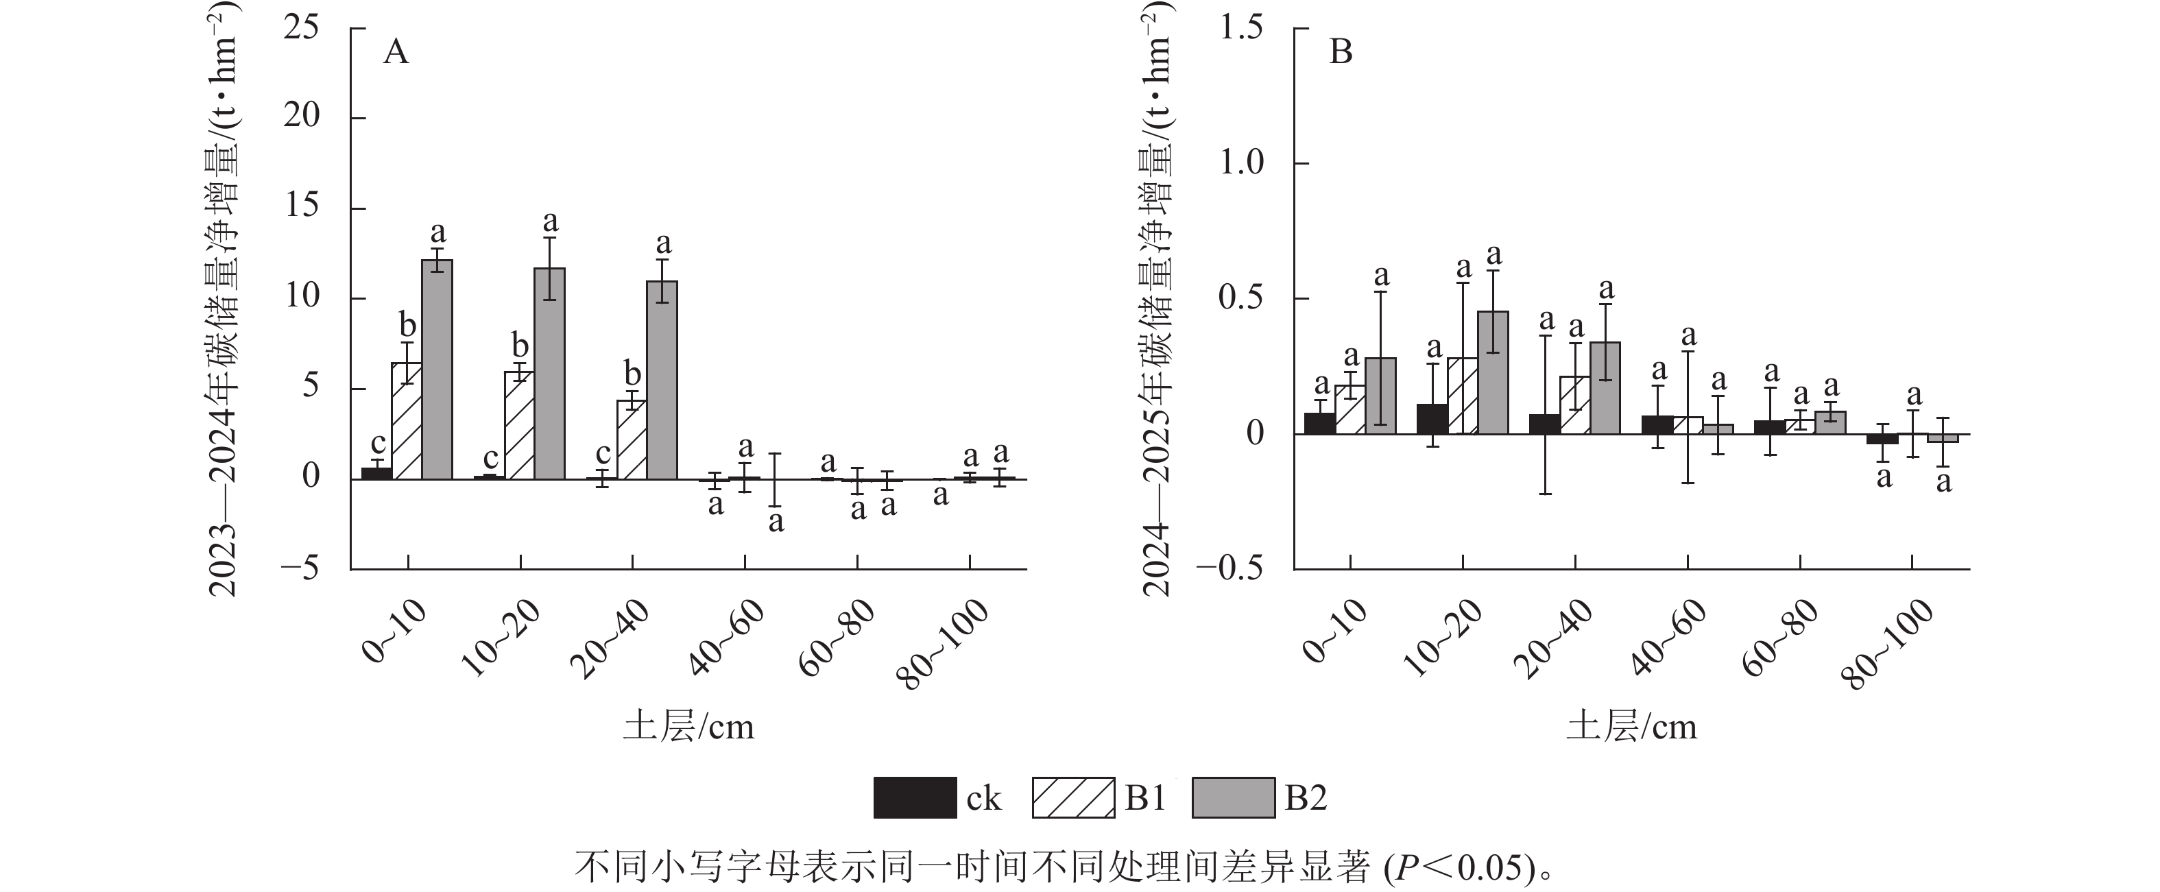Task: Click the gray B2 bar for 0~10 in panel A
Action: point(437,370)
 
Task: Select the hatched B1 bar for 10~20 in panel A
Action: point(519,425)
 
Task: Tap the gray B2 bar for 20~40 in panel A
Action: point(662,380)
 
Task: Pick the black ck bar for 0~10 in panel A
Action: point(376,474)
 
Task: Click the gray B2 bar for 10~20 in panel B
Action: point(1493,373)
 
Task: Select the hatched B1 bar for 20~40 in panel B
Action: point(1574,405)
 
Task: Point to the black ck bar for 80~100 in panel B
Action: point(1882,438)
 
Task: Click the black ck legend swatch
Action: point(914,797)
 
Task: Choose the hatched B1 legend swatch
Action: point(1073,797)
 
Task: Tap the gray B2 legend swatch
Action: point(1233,797)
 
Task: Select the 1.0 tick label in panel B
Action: point(1241,162)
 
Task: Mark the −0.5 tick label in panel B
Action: point(1229,569)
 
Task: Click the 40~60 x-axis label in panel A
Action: point(728,637)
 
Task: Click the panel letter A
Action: point(396,53)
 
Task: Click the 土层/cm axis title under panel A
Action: point(688,727)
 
